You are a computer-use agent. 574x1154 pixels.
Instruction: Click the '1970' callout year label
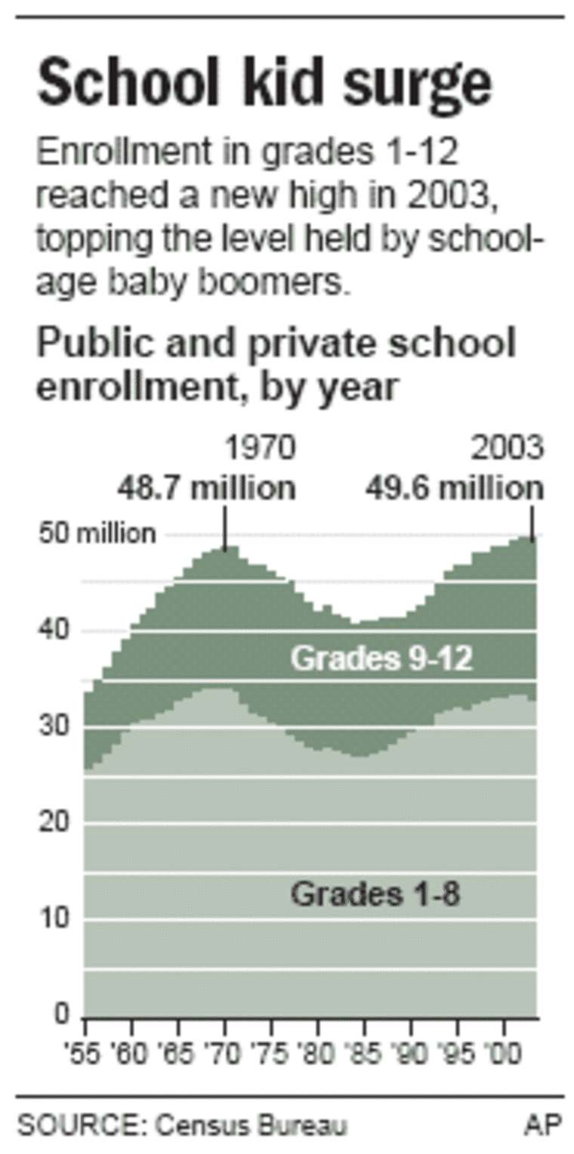259,450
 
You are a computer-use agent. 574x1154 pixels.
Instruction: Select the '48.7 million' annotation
205,488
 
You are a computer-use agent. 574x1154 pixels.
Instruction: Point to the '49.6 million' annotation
455,488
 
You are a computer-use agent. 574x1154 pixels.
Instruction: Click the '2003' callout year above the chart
507,450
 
